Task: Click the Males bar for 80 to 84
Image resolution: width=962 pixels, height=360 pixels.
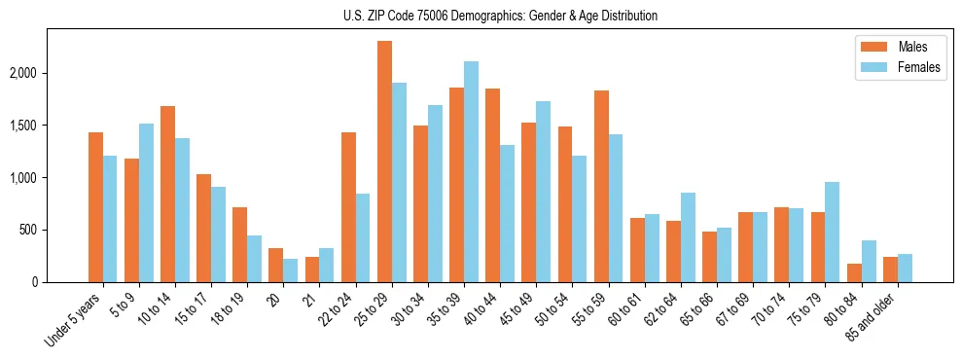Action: click(853, 272)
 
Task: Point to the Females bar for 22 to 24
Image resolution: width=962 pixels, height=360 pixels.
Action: click(363, 237)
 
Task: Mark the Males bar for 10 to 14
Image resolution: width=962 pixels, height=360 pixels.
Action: click(167, 194)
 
